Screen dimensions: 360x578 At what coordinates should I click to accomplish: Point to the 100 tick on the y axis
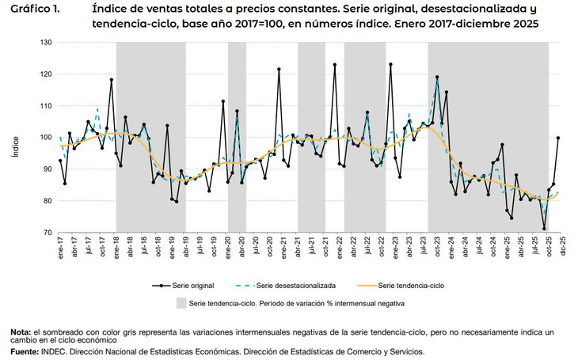click(x=45, y=138)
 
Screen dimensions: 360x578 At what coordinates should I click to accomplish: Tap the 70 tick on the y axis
click(x=47, y=233)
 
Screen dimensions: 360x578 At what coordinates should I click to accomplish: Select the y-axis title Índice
click(x=15, y=146)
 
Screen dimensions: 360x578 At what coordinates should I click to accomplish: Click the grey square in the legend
click(x=181, y=302)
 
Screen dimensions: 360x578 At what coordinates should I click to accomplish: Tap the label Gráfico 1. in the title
click(x=36, y=9)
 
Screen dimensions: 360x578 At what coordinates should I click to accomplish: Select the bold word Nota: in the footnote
click(x=21, y=332)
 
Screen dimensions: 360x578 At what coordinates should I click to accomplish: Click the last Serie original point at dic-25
click(x=558, y=138)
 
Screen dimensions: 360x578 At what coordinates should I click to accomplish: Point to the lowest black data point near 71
click(x=544, y=229)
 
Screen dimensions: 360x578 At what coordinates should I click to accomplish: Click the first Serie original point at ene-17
click(x=60, y=161)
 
